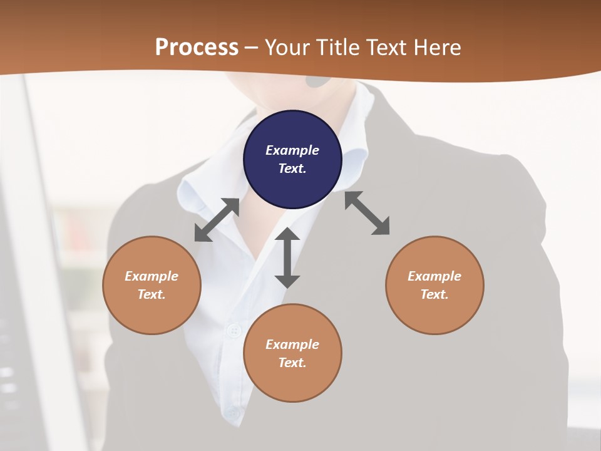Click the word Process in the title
(x=197, y=47)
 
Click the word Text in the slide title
(x=387, y=47)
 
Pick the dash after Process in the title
(x=251, y=48)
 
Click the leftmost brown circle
(x=152, y=285)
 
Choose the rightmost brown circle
(x=434, y=285)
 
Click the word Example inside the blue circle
(x=292, y=150)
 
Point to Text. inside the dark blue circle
(x=292, y=168)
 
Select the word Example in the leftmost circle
(x=152, y=276)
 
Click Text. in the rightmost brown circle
(x=434, y=294)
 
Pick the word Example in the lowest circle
(x=292, y=345)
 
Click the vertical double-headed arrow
(x=287, y=257)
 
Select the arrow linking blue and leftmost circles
(x=217, y=220)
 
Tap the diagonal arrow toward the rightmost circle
(x=367, y=213)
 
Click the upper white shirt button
(x=235, y=330)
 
